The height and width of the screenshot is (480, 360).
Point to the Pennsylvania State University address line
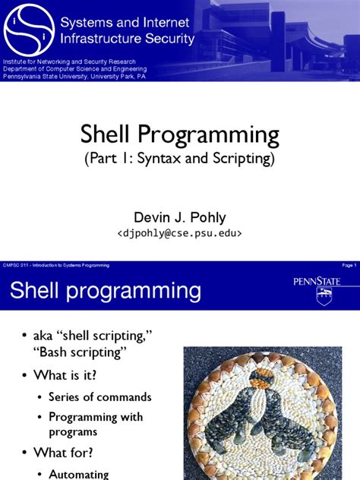click(74, 78)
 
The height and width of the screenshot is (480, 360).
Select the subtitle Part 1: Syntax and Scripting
click(180, 160)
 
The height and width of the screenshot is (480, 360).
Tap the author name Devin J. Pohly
click(179, 218)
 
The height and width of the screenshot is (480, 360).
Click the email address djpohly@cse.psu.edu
click(179, 234)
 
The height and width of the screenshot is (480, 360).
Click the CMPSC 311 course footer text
click(56, 264)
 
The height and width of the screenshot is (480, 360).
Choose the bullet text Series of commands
click(99, 396)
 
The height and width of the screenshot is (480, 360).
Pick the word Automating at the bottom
click(78, 474)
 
